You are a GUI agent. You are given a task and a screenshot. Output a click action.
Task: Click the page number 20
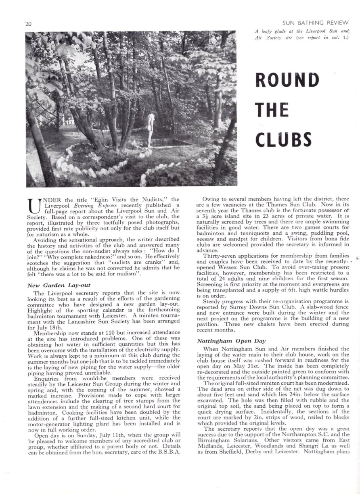28,24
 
